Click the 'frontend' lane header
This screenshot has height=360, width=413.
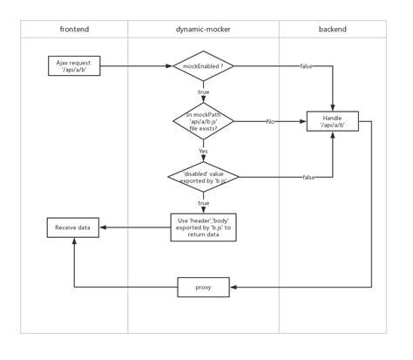(73, 30)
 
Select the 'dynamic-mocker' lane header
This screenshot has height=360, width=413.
(202, 30)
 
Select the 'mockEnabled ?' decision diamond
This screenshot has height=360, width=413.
(202, 65)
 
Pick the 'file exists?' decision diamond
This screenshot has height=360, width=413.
(202, 121)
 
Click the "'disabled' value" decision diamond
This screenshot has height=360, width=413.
(202, 177)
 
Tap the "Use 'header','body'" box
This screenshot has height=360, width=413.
(202, 228)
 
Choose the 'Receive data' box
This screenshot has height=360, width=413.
(73, 228)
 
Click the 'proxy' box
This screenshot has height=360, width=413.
(202, 285)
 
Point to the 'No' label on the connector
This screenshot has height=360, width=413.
(271, 121)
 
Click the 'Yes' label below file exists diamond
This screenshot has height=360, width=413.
(202, 150)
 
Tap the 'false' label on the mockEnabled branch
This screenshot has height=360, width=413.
(307, 65)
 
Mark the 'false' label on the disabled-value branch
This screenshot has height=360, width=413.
(308, 177)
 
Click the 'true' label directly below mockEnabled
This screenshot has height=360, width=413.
(202, 92)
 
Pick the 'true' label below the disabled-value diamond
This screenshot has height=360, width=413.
(202, 203)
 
